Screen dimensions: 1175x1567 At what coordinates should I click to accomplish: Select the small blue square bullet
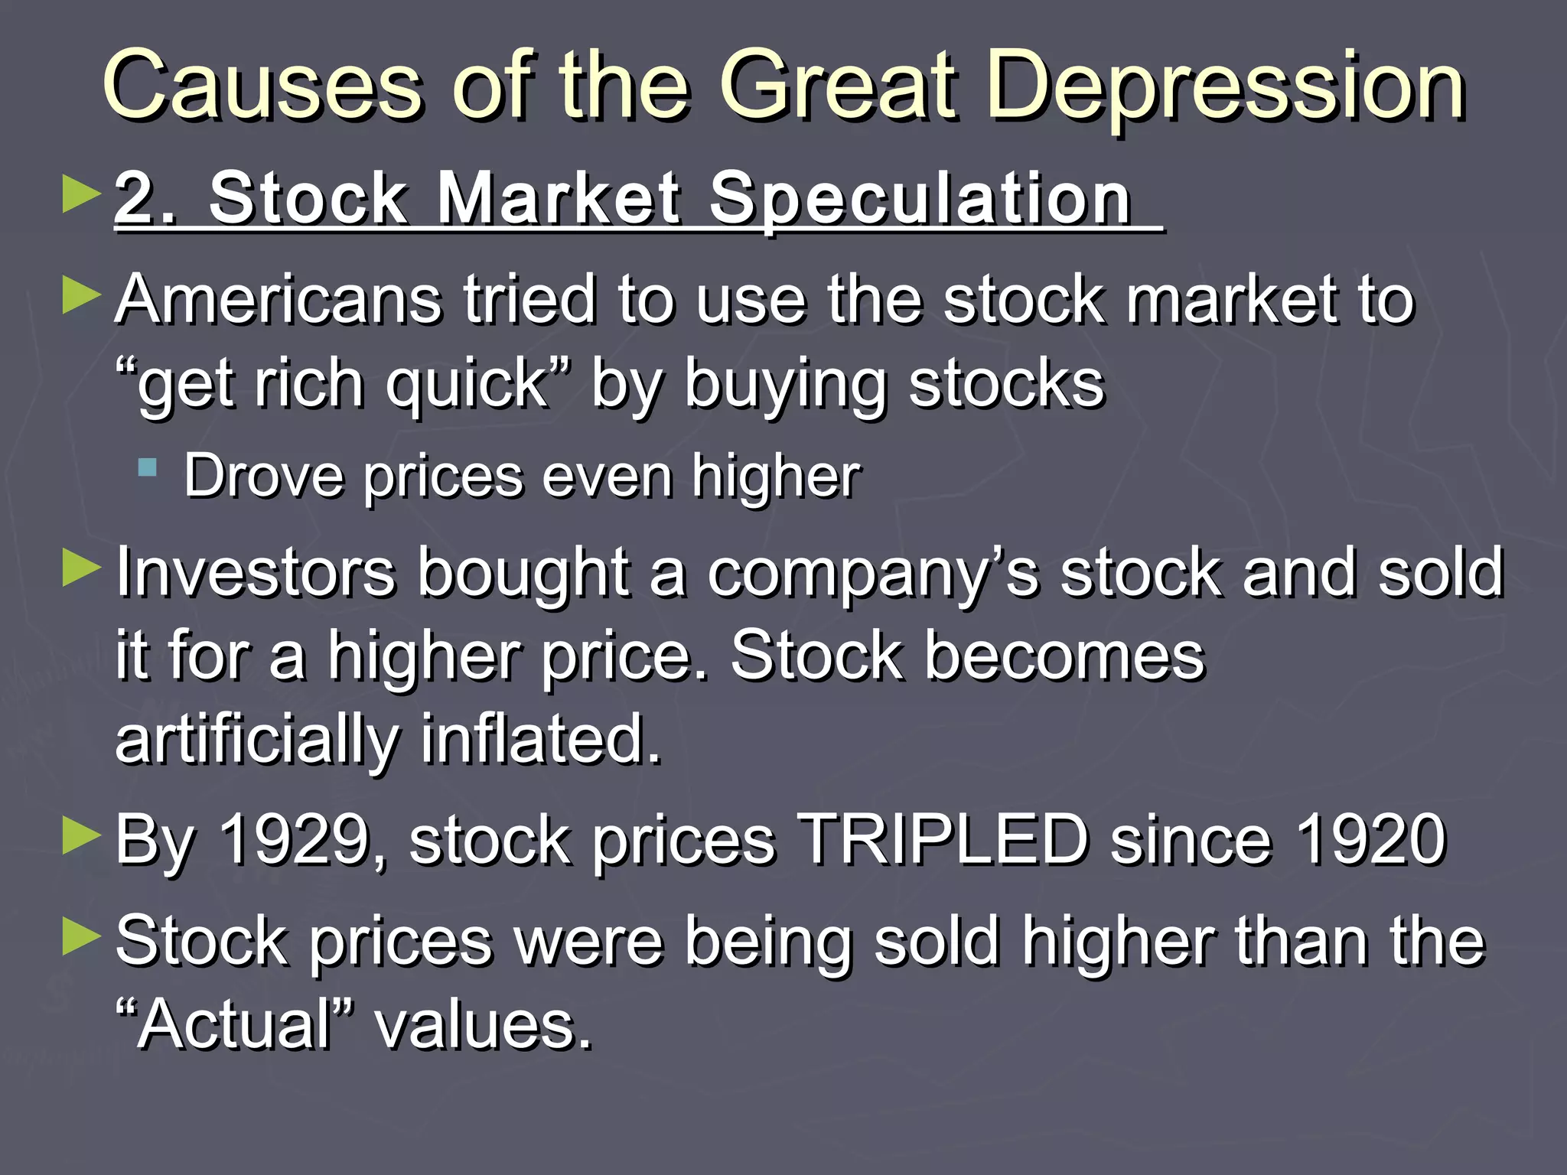[148, 467]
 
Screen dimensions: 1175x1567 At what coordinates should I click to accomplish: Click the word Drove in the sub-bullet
[264, 477]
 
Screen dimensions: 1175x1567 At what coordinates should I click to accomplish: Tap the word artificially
[257, 740]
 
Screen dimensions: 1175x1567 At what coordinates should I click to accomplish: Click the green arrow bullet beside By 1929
[81, 835]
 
